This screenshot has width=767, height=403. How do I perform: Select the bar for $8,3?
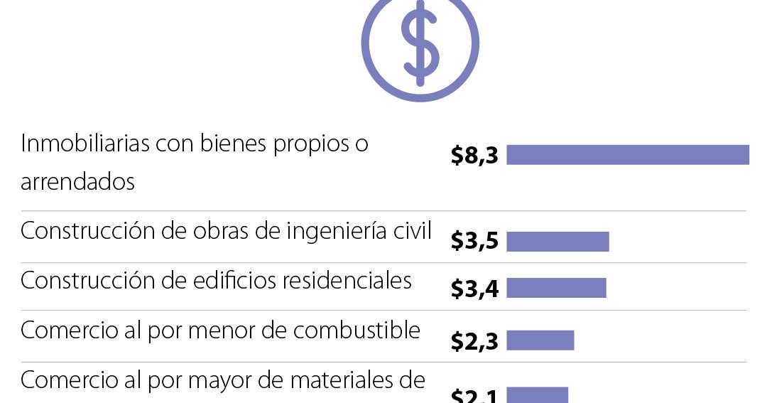coord(628,155)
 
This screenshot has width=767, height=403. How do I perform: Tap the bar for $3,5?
coord(557,242)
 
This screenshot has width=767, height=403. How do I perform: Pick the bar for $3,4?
coord(556,288)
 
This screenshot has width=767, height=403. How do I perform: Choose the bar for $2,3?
coord(540,340)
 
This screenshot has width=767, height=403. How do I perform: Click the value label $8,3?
coord(475,156)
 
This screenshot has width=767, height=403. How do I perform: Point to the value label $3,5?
coord(475,242)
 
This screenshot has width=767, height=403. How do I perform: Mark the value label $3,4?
coord(475,289)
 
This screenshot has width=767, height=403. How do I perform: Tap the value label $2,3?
coord(475,341)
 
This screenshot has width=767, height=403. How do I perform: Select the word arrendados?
coord(77,182)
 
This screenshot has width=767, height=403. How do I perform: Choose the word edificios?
coord(234,281)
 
